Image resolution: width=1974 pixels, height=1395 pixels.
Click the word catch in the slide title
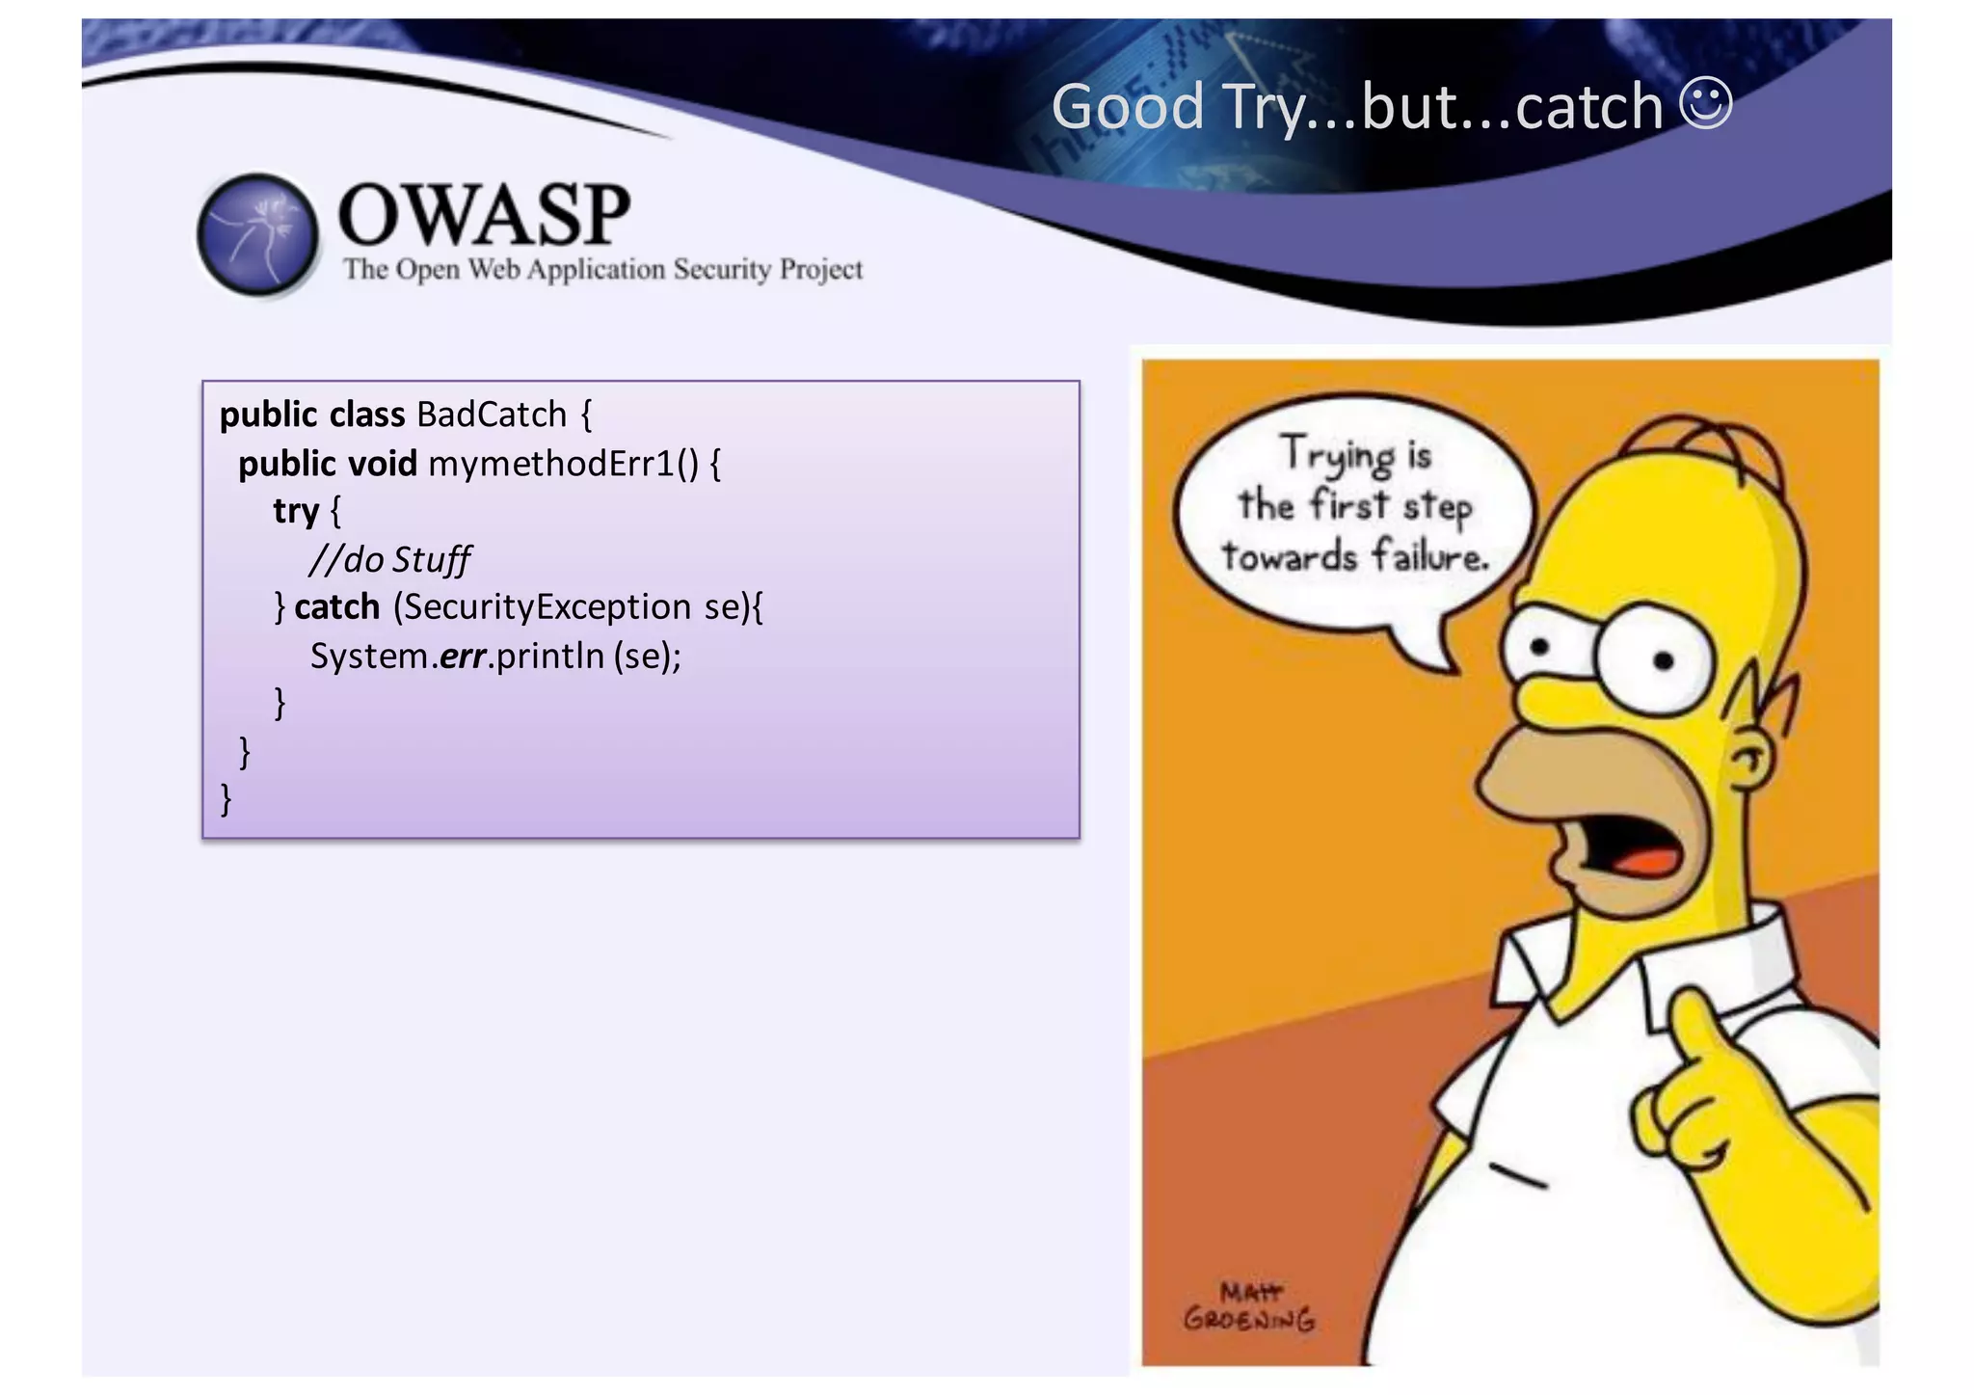point(1589,108)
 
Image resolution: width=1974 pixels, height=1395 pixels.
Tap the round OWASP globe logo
point(257,234)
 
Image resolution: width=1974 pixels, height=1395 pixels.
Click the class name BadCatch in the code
point(492,415)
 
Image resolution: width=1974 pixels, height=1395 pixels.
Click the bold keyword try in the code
point(295,511)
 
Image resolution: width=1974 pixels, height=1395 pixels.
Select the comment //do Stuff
point(389,559)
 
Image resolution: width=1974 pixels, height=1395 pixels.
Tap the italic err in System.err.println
point(462,657)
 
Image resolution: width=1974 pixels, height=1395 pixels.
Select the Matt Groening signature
point(1249,1306)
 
